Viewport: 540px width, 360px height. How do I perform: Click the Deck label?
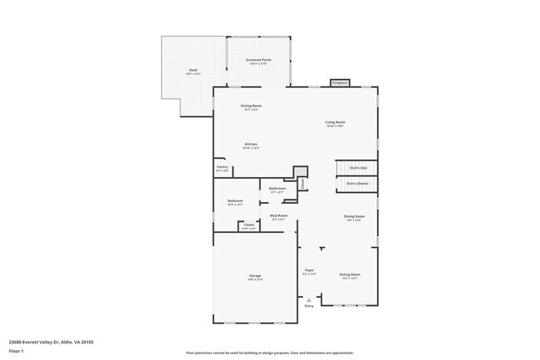point(193,71)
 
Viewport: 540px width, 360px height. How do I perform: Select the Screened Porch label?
point(258,61)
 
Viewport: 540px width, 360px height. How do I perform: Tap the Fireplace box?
point(339,83)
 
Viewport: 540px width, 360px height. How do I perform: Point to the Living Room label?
point(335,123)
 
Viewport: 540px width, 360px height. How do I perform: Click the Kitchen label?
point(250,145)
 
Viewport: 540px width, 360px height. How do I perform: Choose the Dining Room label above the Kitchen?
point(251,106)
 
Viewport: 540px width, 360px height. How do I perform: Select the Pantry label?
point(222,168)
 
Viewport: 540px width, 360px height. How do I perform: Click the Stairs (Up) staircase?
point(358,168)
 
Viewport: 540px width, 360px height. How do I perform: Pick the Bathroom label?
point(277,189)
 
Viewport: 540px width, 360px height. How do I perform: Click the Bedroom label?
point(235,201)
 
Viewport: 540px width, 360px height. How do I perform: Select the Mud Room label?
point(278,216)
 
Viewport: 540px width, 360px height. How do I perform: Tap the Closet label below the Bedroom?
point(248,225)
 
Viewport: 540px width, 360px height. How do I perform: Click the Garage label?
point(255,277)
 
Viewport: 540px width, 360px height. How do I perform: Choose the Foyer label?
point(308,271)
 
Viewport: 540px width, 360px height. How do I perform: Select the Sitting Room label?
point(349,275)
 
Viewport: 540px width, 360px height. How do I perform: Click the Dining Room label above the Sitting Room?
point(355,217)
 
